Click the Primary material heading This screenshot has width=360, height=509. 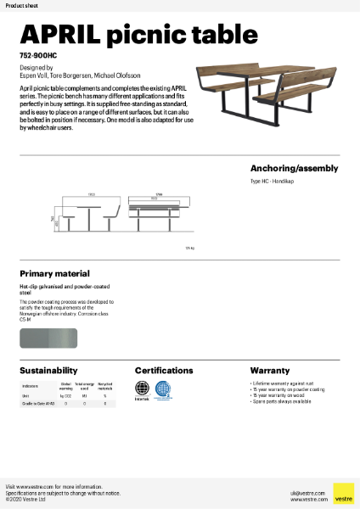click(x=54, y=274)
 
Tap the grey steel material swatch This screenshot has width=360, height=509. click(x=53, y=338)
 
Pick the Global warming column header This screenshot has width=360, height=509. click(x=65, y=386)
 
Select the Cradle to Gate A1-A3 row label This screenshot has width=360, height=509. click(x=37, y=404)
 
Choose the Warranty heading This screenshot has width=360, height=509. click(x=270, y=371)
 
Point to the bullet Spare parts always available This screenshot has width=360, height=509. click(x=282, y=402)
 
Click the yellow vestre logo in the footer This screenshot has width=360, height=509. click(x=343, y=493)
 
